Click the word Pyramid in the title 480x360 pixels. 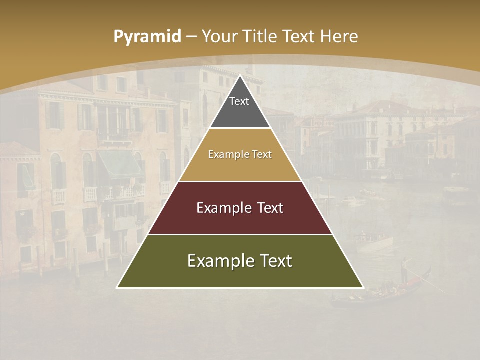click(147, 37)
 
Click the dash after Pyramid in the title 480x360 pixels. click(191, 37)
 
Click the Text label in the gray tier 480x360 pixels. click(239, 102)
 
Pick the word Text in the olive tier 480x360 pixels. click(272, 261)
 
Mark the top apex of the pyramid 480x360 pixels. click(240, 76)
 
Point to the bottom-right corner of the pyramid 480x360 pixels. click(363, 287)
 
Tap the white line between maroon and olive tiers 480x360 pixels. click(240, 234)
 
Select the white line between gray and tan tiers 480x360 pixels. click(240, 128)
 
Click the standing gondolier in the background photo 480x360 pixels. click(405, 267)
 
